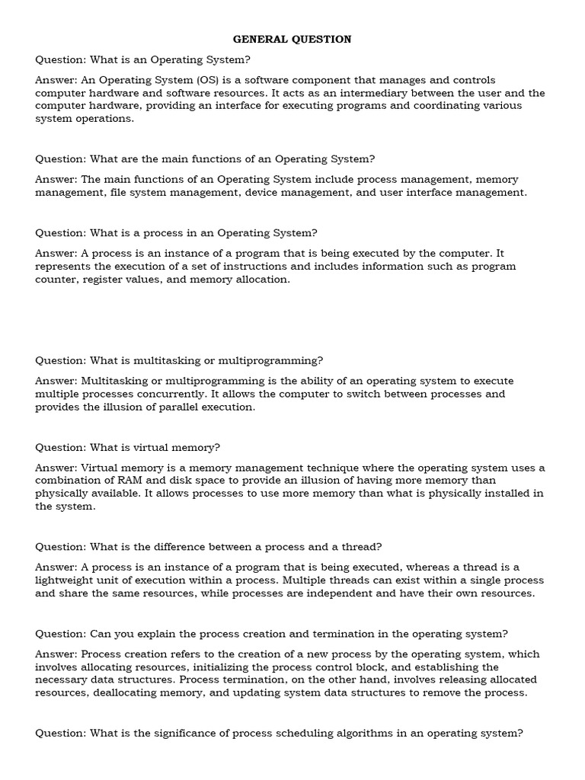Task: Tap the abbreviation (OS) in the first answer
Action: click(x=209, y=80)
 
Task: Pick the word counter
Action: click(x=55, y=280)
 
